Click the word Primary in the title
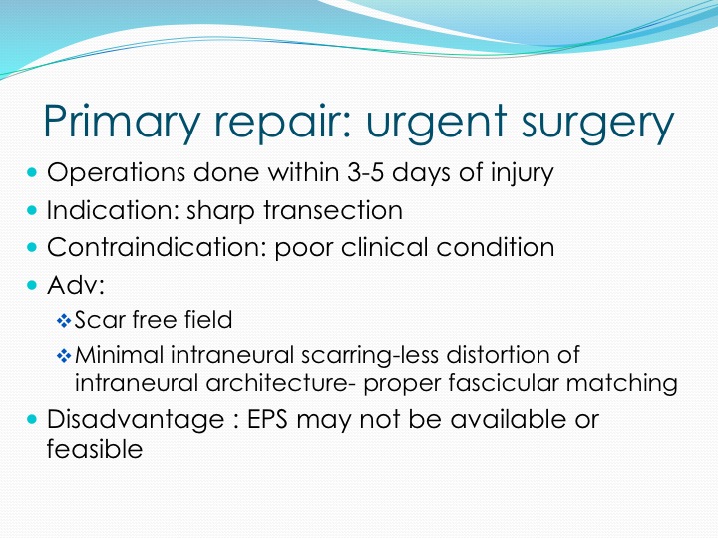point(122,121)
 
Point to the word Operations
point(117,173)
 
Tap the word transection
point(333,211)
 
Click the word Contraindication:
point(158,247)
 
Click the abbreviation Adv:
point(76,285)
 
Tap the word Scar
point(100,320)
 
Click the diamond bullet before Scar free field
point(64,320)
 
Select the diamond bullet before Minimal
point(64,356)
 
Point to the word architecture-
point(280,383)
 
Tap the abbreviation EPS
point(267,420)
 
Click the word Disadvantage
point(136,420)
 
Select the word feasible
point(95,448)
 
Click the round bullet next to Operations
point(32,173)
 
